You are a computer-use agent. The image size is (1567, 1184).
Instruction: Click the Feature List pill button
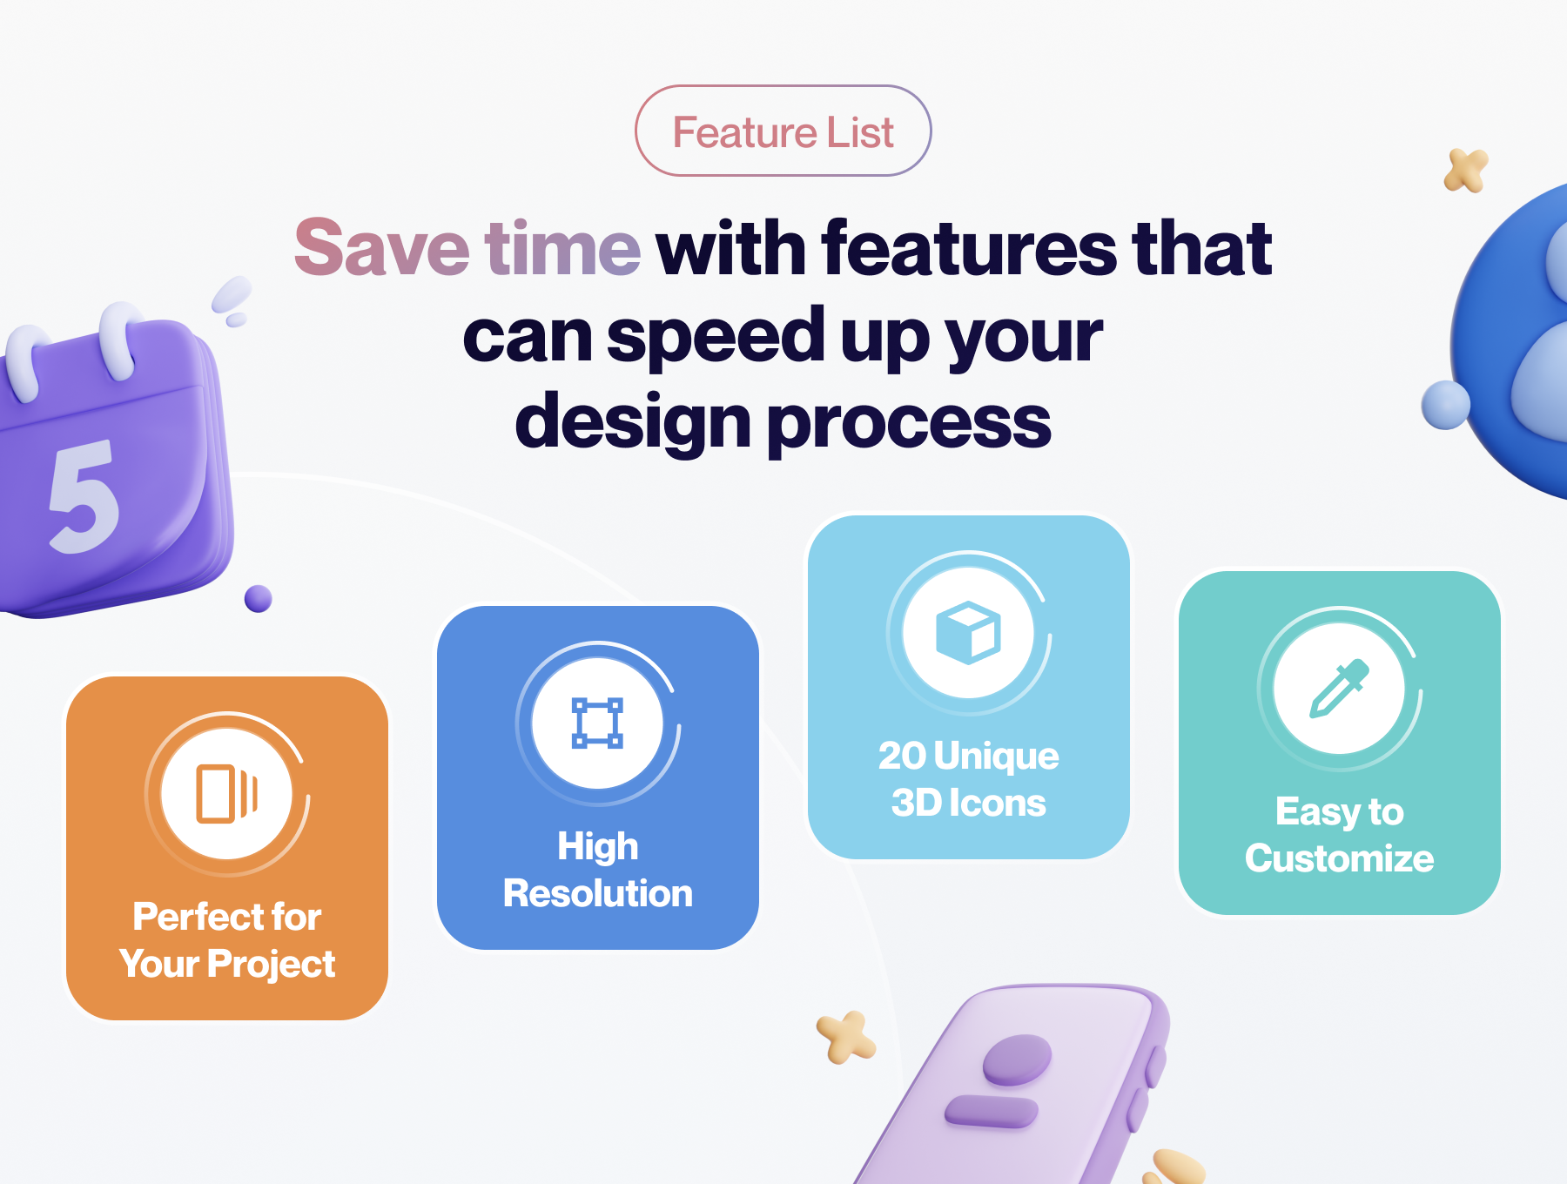[x=783, y=131]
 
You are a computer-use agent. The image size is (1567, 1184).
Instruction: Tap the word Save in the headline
[x=381, y=248]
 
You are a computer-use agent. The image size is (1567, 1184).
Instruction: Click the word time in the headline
[x=562, y=248]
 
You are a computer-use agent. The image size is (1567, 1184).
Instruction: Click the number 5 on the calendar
[x=83, y=496]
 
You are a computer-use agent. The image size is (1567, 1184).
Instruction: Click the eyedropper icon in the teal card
[x=1340, y=688]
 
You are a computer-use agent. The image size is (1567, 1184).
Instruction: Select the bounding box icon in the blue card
[x=597, y=723]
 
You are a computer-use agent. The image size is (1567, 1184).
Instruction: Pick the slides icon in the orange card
[x=227, y=793]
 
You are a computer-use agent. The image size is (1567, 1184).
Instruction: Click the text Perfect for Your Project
[x=227, y=940]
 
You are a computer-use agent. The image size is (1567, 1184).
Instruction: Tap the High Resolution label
[x=598, y=870]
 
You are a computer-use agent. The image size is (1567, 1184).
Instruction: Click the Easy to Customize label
[x=1340, y=835]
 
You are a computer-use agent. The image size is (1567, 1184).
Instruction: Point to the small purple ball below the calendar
[x=259, y=599]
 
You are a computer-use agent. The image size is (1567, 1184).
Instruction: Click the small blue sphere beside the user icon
[x=1446, y=405]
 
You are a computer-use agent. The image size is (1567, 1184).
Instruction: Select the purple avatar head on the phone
[x=1017, y=1060]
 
